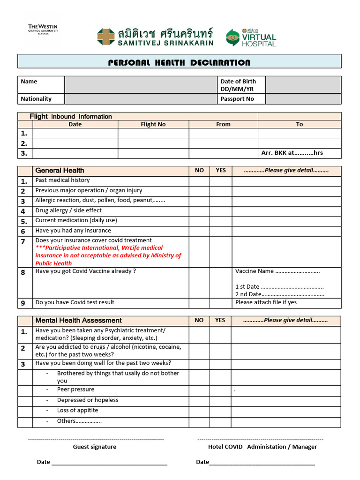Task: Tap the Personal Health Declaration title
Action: pyautogui.click(x=180, y=62)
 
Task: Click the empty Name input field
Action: pyautogui.click(x=141, y=85)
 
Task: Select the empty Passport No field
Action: pyautogui.click(x=304, y=99)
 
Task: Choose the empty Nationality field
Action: pyautogui.click(x=141, y=99)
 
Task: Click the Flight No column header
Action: pyautogui.click(x=153, y=124)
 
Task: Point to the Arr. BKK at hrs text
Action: pyautogui.click(x=292, y=153)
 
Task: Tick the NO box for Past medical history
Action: pyautogui.click(x=199, y=180)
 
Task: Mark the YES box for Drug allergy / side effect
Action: pyautogui.click(x=220, y=210)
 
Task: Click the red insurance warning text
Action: pyautogui.click(x=108, y=255)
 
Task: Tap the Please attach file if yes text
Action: pyautogui.click(x=266, y=302)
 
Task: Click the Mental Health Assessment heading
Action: pyautogui.click(x=78, y=321)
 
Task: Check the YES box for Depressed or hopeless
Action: pyautogui.click(x=220, y=400)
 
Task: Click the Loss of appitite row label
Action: pyautogui.click(x=77, y=411)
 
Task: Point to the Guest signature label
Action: pyautogui.click(x=94, y=447)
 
